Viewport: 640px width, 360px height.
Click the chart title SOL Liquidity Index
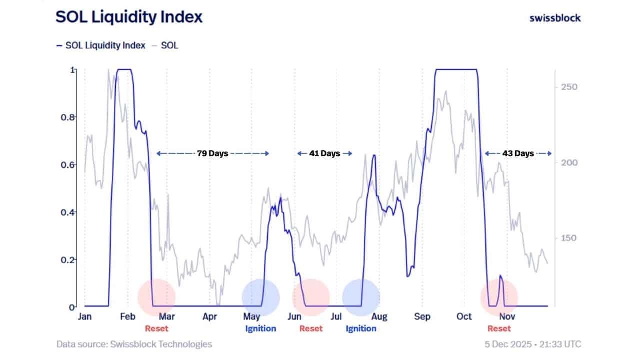point(129,17)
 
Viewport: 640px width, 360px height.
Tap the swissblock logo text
point(555,18)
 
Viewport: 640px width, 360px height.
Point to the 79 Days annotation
point(213,153)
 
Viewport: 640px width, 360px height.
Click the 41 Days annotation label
point(324,153)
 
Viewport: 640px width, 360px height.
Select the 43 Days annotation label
point(518,153)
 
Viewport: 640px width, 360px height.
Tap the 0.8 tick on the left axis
point(68,117)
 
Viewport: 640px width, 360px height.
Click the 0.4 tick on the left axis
point(68,212)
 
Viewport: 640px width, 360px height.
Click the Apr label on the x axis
point(210,316)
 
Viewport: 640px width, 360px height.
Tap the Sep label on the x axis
point(422,316)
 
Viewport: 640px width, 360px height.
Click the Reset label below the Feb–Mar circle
point(156,328)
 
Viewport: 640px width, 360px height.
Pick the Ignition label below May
point(260,328)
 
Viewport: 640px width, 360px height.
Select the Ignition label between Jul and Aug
point(361,328)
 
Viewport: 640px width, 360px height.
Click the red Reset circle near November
point(499,298)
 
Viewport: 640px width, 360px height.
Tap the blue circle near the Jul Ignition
point(361,298)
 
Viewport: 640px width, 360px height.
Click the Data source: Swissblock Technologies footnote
point(134,344)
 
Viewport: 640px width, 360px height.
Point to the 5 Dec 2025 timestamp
point(533,344)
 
